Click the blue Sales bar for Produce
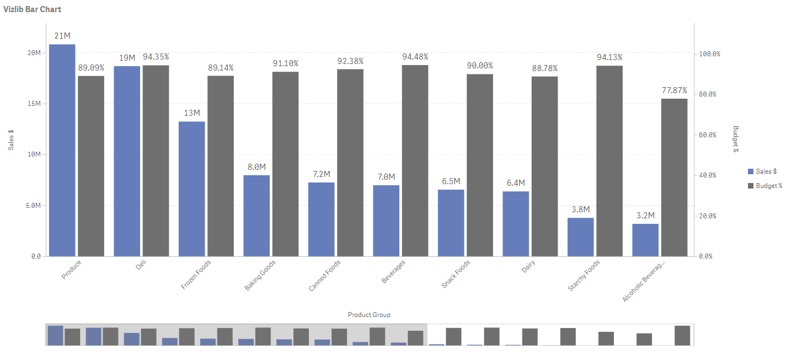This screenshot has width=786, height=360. pyautogui.click(x=62, y=150)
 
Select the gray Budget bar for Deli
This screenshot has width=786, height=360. pyautogui.click(x=156, y=160)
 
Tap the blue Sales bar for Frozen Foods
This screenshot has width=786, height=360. pyautogui.click(x=191, y=189)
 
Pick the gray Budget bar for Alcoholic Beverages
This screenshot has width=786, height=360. pyautogui.click(x=674, y=178)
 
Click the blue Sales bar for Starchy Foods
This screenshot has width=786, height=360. pyautogui.click(x=580, y=237)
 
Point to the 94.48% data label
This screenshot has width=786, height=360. pyautogui.click(x=415, y=57)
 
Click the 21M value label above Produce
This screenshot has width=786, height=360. pyautogui.click(x=62, y=36)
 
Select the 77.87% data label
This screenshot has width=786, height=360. pyautogui.click(x=674, y=90)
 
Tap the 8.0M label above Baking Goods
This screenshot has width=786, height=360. pyautogui.click(x=256, y=167)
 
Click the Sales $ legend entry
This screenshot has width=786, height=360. pyautogui.click(x=762, y=171)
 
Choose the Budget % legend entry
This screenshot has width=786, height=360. pyautogui.click(x=765, y=186)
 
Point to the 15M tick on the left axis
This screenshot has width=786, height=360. pyautogui.click(x=34, y=104)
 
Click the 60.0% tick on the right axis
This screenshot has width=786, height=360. pyautogui.click(x=707, y=135)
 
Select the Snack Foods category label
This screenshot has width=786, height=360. pyautogui.click(x=456, y=274)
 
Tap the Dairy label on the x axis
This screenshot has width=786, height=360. pyautogui.click(x=528, y=266)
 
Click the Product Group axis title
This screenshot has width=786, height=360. pyautogui.click(x=369, y=315)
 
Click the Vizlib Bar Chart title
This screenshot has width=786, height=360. pyautogui.click(x=33, y=9)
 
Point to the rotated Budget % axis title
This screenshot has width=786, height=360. pyautogui.click(x=736, y=139)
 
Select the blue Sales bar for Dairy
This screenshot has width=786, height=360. pyautogui.click(x=516, y=224)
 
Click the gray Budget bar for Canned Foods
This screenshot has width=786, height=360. pyautogui.click(x=350, y=163)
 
